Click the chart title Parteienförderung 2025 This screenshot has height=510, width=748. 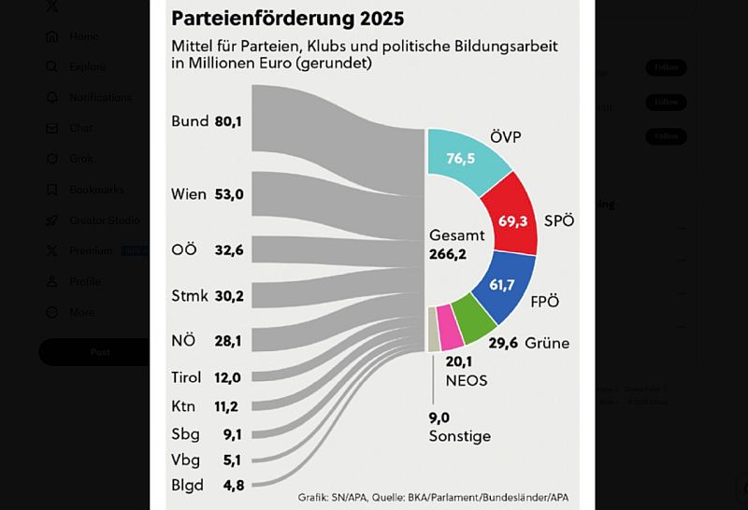pos(287,18)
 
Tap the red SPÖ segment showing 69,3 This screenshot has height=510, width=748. pos(512,220)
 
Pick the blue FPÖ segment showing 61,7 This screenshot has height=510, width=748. pos(503,284)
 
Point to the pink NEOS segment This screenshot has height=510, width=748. pos(450,329)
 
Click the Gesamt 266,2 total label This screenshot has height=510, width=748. pos(455,245)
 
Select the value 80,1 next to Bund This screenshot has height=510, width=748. pos(228,121)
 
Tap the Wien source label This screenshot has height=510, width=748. pos(189,194)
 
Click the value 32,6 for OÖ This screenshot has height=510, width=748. pos(229,250)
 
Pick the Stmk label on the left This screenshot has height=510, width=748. pos(190,296)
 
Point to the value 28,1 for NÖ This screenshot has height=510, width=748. pos(228,341)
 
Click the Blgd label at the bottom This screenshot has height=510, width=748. pos(186,485)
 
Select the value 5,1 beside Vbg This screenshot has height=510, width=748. pos(232,460)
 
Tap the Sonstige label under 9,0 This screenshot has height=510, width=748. pos(459,437)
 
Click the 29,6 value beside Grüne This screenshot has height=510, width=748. pos(503,343)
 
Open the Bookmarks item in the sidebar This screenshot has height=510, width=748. pos(96,190)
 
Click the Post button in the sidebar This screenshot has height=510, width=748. pos(99,352)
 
